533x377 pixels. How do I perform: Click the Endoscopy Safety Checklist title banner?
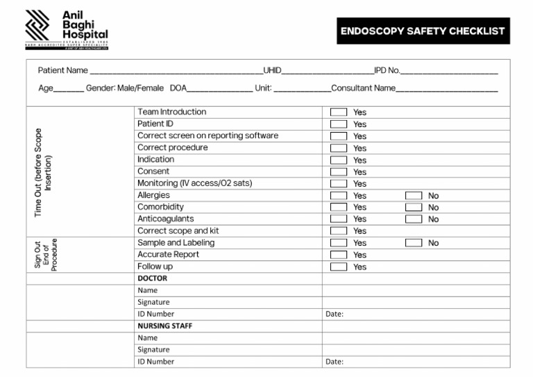coord(423,31)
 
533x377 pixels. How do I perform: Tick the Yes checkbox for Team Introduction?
coord(339,112)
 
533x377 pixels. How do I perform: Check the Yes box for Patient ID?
coord(339,124)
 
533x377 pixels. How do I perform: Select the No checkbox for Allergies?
coord(414,196)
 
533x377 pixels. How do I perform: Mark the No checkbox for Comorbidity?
coord(414,208)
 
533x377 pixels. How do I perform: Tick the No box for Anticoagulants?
coord(414,219)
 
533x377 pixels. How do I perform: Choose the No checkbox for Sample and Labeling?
coord(414,243)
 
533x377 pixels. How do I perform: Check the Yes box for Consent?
coord(339,171)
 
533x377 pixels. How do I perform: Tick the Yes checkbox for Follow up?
coord(339,267)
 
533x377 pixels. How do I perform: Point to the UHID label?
coord(272,70)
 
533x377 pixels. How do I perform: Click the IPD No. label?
coord(387,70)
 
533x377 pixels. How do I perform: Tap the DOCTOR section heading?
coord(152,278)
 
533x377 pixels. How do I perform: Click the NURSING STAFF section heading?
coord(164,326)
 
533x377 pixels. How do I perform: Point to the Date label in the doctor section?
coord(335,314)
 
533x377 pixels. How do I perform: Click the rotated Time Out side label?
coord(43,171)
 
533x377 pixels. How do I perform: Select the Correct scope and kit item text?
coord(178,231)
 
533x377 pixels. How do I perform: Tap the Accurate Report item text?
coord(168,254)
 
